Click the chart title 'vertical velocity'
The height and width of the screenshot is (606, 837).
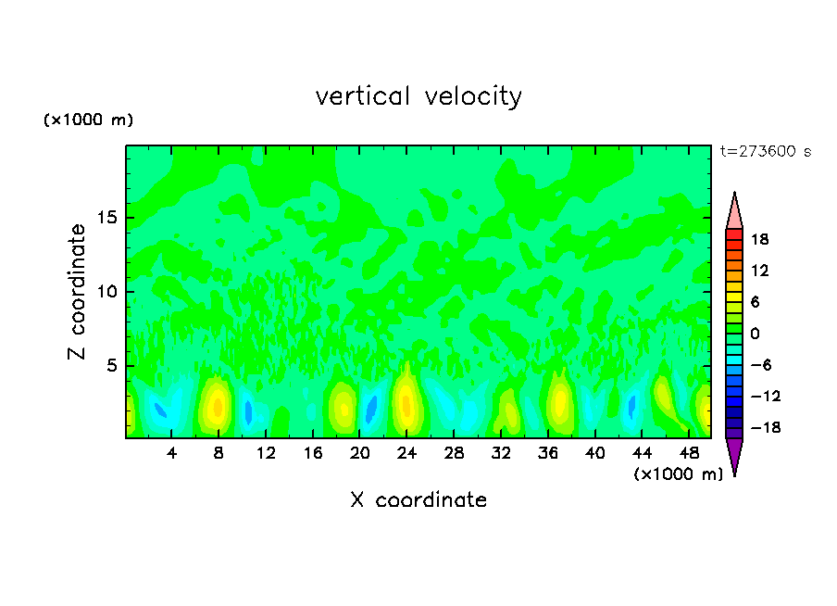point(418,96)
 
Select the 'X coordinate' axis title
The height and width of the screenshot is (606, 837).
point(418,500)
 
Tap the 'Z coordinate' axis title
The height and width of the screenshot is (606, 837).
point(77,292)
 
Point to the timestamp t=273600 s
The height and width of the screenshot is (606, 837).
point(765,151)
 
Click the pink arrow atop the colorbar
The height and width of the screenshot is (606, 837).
point(734,211)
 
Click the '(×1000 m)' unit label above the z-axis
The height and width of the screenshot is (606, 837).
point(89,120)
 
